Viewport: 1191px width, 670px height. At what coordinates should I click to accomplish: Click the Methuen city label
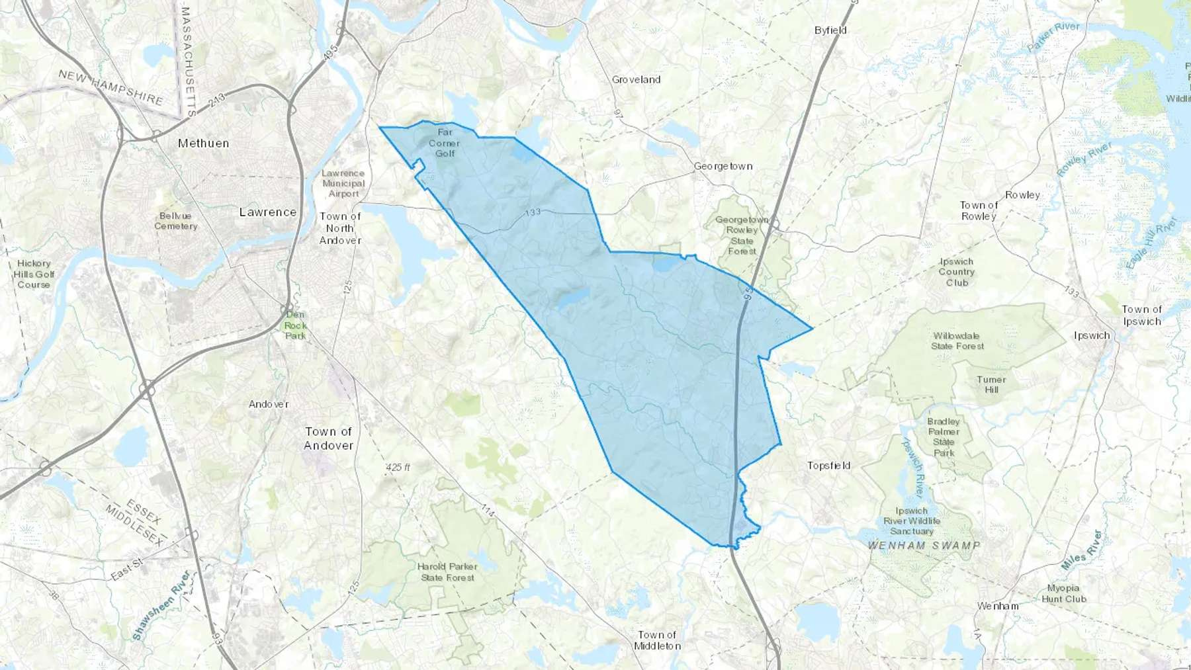click(x=203, y=143)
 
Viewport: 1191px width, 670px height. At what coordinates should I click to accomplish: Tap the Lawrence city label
click(x=267, y=212)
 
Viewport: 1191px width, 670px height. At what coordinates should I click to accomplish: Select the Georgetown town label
click(x=723, y=166)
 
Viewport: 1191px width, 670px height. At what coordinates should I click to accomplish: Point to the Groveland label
click(x=636, y=79)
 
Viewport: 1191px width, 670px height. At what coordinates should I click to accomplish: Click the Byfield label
click(x=830, y=30)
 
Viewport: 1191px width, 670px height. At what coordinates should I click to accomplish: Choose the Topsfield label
click(x=828, y=466)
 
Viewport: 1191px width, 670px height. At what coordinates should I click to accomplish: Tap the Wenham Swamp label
click(x=924, y=546)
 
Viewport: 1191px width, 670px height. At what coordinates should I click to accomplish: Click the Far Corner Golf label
click(x=445, y=143)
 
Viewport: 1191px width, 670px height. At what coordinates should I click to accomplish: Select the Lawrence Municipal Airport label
click(x=343, y=183)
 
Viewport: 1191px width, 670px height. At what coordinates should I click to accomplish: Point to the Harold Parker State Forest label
click(x=447, y=572)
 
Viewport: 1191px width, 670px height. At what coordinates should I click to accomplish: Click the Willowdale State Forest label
click(x=957, y=341)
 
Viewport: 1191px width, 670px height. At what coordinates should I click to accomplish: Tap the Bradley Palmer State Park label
click(x=944, y=437)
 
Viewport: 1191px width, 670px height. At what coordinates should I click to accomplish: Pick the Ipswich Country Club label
click(x=956, y=272)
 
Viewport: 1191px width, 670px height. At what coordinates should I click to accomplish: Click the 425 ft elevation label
click(x=398, y=468)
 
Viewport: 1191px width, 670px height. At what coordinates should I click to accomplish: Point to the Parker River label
click(x=1053, y=37)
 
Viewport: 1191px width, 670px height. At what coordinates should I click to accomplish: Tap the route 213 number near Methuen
click(x=216, y=101)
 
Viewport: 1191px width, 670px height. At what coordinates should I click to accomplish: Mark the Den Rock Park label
click(x=295, y=325)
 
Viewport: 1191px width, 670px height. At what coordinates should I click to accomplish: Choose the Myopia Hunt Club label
click(x=1063, y=593)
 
